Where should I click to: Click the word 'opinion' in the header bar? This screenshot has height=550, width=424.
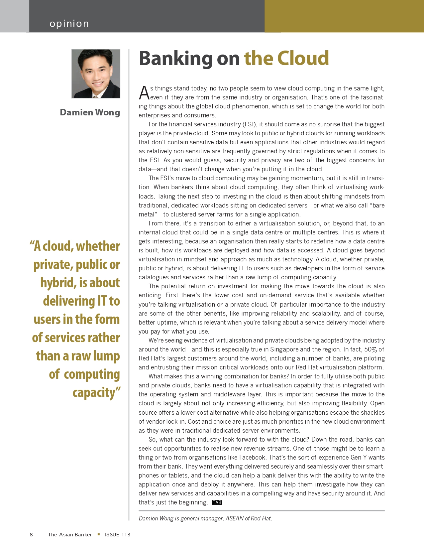[x=69, y=24]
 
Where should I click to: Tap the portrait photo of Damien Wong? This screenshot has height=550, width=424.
[x=96, y=74]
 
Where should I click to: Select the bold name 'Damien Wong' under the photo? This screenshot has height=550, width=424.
[x=90, y=112]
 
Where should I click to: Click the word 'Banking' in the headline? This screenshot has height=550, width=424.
[x=175, y=59]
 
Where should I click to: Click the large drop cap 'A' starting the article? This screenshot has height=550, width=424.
[x=144, y=93]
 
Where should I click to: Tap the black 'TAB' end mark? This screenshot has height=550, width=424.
[x=217, y=502]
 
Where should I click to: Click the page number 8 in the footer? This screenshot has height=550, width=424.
[x=31, y=535]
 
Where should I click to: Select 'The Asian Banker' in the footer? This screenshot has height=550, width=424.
[x=70, y=535]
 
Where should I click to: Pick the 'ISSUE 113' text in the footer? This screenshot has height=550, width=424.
[x=117, y=535]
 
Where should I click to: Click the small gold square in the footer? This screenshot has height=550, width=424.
[x=98, y=534]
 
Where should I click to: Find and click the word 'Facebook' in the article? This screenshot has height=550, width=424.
[x=252, y=458]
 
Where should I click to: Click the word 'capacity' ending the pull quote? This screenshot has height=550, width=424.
[x=94, y=392]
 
